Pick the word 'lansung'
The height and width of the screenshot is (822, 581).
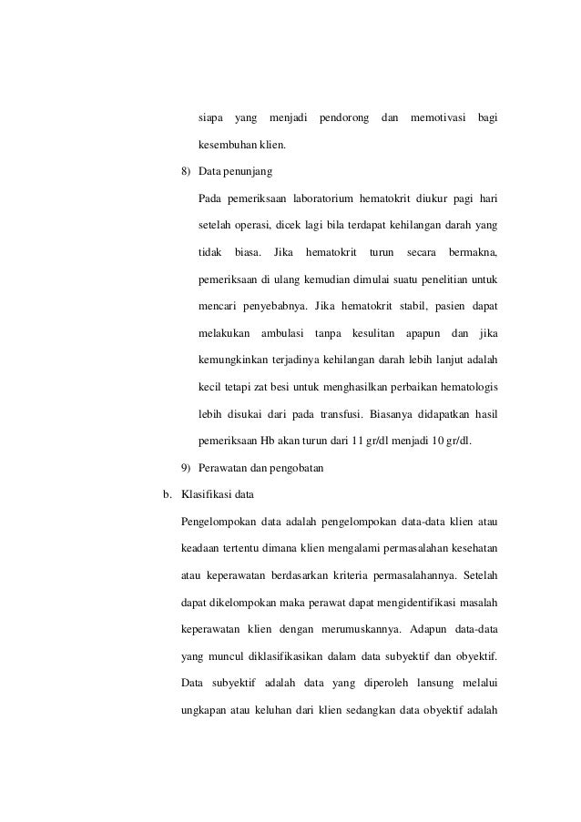pos(427,681)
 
